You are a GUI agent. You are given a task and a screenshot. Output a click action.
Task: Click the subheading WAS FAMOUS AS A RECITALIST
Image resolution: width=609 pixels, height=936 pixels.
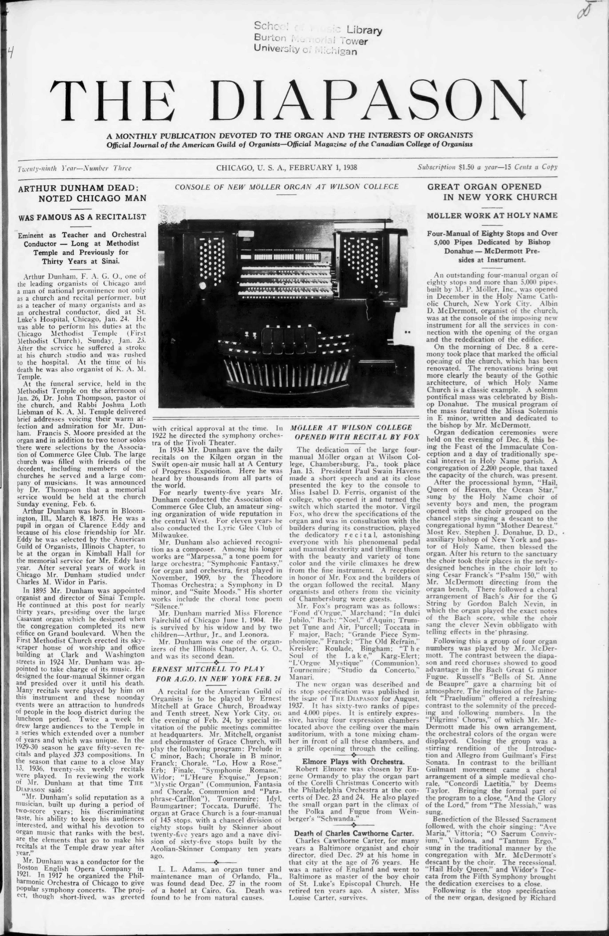[83, 217]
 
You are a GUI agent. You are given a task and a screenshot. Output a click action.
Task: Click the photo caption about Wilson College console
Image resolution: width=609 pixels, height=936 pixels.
[286, 186]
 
